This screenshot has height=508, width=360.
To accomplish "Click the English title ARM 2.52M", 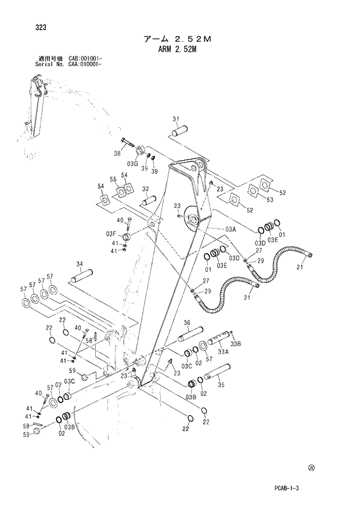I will click(x=177, y=50).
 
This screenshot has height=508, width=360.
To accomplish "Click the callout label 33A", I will click(x=222, y=351).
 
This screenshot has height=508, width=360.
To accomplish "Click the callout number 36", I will click(x=187, y=323).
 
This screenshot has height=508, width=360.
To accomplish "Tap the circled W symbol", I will click(x=311, y=467).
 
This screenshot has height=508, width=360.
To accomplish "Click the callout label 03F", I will click(x=111, y=233).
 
